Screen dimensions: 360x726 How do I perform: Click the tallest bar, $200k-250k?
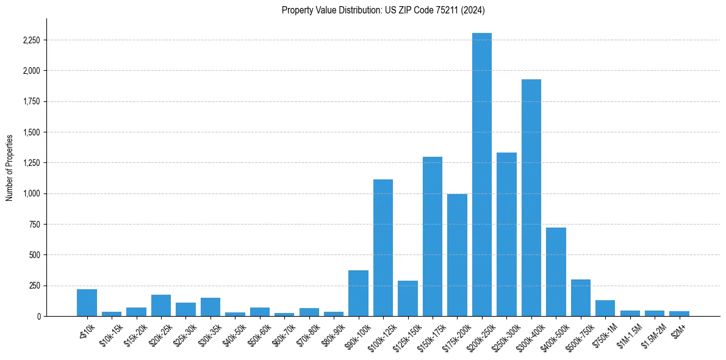[482, 175]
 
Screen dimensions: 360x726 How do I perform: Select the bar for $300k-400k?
[531, 198]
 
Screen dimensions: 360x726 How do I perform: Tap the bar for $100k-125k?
[383, 248]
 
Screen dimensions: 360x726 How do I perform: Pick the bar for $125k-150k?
[408, 298]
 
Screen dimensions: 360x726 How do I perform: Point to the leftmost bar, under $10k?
[87, 303]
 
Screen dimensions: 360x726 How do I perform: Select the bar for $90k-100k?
[358, 293]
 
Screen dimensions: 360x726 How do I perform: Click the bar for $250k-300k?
[506, 234]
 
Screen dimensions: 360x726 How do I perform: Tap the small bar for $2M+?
[679, 314]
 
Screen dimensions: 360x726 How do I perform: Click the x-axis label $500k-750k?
[582, 334]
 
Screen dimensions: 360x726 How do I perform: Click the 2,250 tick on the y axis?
[31, 40]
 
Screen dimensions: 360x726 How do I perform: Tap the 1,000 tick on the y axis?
[31, 193]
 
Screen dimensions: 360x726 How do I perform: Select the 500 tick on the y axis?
[34, 255]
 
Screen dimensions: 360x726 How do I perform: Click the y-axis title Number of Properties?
[9, 167]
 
